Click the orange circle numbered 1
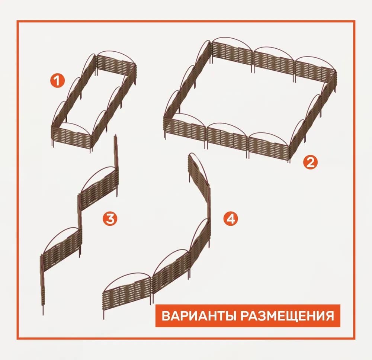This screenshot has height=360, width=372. pyautogui.click(x=57, y=81)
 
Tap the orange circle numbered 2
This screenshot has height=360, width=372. pyautogui.click(x=310, y=163)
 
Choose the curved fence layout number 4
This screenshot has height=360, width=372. pyautogui.click(x=157, y=237)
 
